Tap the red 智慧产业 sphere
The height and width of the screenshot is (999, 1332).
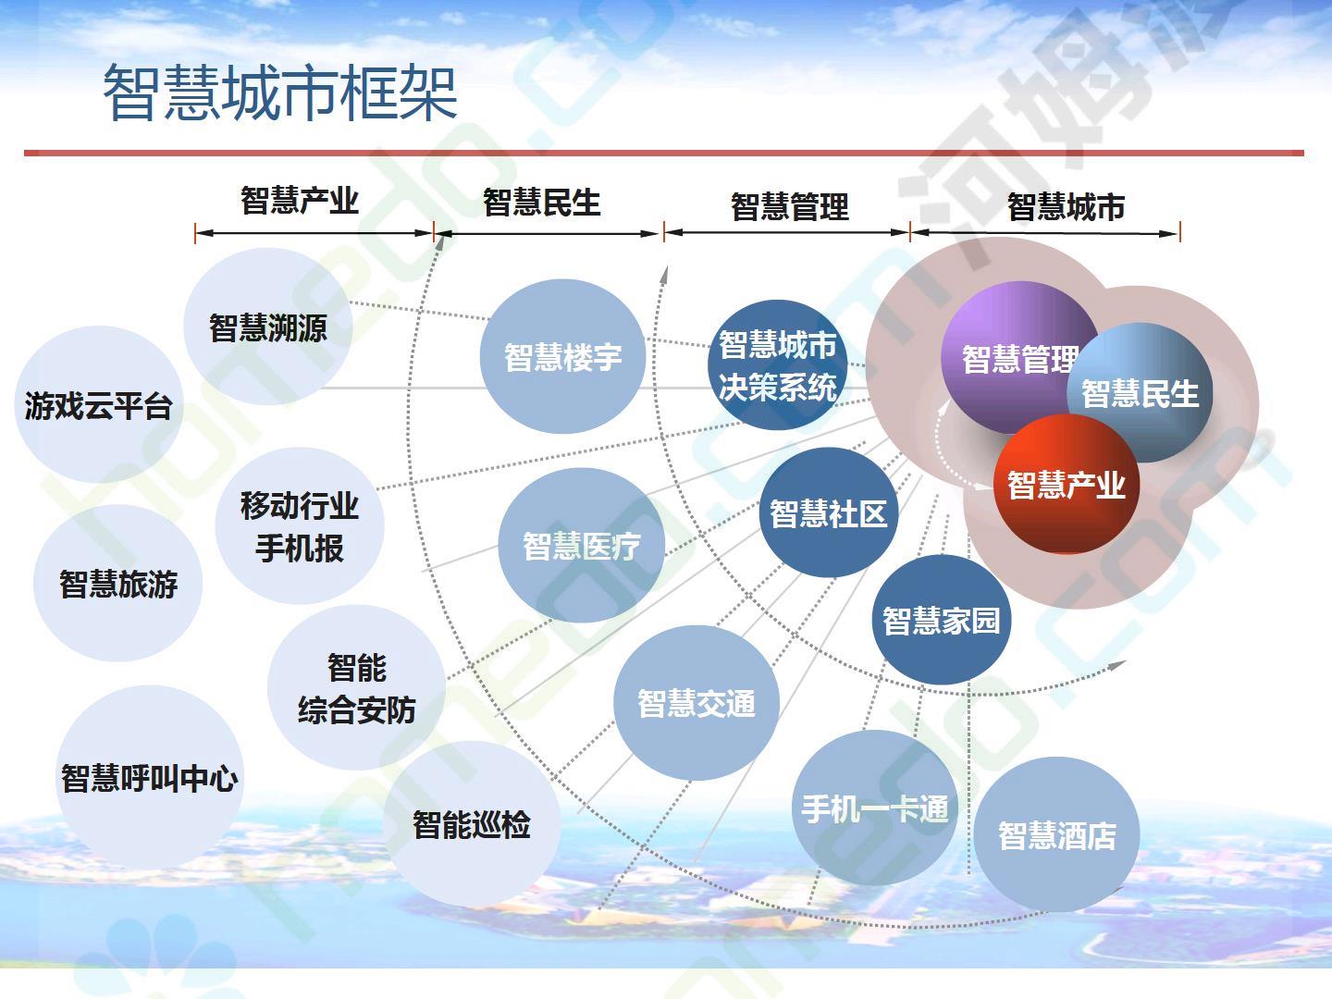click(1067, 484)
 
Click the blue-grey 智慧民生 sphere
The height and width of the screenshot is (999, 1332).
click(1140, 393)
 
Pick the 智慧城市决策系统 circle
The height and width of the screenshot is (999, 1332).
click(777, 365)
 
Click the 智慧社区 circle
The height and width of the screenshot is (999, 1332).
click(828, 512)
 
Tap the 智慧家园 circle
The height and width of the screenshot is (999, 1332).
click(942, 620)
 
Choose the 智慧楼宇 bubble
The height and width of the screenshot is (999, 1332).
click(562, 357)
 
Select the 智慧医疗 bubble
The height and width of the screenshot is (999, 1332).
click(581, 546)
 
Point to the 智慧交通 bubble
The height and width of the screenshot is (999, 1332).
click(696, 703)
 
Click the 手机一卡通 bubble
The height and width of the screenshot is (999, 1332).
click(875, 808)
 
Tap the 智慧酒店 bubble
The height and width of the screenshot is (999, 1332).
click(1056, 834)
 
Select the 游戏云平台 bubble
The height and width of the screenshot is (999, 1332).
click(99, 404)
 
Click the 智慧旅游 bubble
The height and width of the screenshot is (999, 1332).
click(117, 583)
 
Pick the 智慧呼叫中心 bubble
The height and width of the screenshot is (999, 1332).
click(149, 778)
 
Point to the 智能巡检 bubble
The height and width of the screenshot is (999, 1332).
click(472, 824)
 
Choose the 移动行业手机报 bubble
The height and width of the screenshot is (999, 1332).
click(300, 526)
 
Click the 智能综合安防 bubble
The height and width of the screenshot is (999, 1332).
click(357, 688)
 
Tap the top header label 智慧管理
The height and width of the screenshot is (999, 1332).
click(790, 207)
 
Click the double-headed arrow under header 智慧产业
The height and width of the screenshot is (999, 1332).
click(314, 233)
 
